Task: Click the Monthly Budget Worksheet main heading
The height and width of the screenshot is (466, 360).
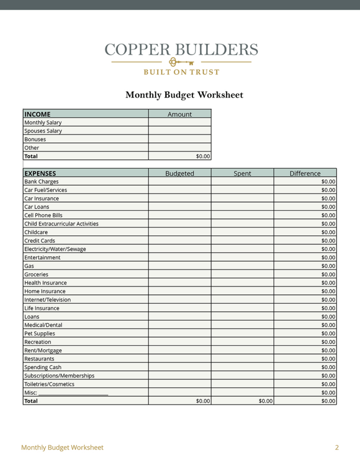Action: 184,94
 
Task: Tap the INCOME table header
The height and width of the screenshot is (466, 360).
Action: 38,114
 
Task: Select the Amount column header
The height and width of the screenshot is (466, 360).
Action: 180,114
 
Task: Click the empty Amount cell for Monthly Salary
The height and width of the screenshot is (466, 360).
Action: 180,122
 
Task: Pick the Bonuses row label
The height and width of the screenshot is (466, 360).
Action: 35,139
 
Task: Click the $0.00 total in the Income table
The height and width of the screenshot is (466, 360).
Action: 203,156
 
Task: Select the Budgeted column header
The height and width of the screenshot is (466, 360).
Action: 180,173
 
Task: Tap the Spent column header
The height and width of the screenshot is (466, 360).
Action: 242,173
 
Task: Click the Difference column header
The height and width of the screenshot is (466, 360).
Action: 305,173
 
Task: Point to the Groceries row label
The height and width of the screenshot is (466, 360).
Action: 37,274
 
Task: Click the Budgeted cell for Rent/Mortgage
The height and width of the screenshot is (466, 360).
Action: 180,350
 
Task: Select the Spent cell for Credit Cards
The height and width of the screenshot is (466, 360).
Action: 242,240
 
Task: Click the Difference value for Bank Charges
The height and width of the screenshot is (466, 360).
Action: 328,182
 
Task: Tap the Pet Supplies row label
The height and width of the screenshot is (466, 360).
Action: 40,333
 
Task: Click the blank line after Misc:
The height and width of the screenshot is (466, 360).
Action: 73,393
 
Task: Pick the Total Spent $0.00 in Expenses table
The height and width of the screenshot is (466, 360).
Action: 266,401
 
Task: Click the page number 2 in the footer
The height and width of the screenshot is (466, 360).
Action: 337,447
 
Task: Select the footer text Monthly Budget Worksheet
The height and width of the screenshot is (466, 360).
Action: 62,447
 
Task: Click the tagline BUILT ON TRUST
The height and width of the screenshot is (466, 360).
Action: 181,72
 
